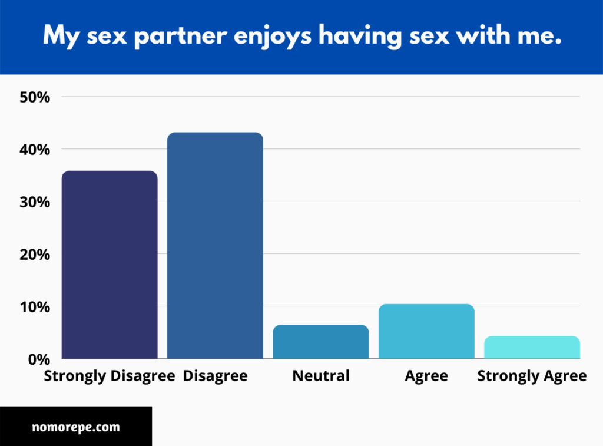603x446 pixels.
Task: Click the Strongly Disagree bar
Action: [x=110, y=265]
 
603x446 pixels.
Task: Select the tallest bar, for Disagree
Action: [x=216, y=246]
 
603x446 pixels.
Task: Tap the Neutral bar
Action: [x=321, y=342]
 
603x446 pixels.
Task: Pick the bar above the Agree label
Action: [x=426, y=331]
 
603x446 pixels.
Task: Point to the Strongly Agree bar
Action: [x=532, y=347]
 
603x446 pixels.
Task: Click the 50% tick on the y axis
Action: [x=35, y=97]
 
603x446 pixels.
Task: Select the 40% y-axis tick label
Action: [x=35, y=150]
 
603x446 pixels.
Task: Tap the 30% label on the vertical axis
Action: [x=35, y=202]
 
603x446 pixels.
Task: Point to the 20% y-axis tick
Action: [x=35, y=255]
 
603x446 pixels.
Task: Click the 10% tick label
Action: [x=35, y=307]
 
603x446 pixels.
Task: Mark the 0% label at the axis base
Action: [x=39, y=359]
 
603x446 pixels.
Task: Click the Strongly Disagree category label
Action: [x=110, y=376]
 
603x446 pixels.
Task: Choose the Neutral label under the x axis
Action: [x=321, y=375]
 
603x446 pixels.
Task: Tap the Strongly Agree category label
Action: [x=532, y=376]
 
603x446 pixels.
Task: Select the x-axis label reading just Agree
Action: [x=426, y=376]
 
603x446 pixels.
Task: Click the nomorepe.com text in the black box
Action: [x=76, y=427]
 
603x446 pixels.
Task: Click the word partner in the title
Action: [x=180, y=36]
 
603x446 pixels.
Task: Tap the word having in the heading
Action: [x=360, y=36]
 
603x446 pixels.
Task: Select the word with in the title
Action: [x=483, y=35]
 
